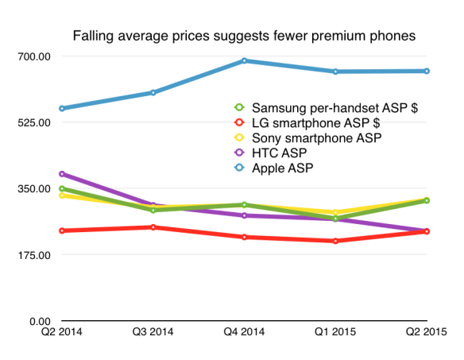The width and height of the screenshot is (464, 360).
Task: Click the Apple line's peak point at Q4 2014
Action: [x=244, y=60]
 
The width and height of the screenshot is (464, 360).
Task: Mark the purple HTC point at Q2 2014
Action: [x=62, y=173]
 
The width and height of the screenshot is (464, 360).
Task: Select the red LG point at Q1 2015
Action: [x=335, y=241]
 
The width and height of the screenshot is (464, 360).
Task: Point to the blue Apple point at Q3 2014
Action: [x=153, y=93]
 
